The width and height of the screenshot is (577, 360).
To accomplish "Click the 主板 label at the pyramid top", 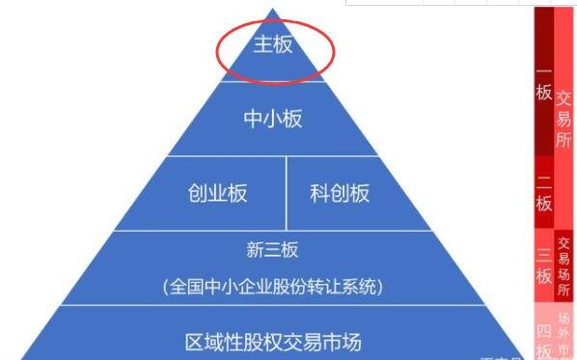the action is [x=272, y=45].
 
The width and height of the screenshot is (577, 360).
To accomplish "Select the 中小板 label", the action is [x=272, y=119].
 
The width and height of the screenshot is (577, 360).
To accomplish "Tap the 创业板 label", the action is [x=217, y=193].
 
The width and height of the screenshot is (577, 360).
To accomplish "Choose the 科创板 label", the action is [x=340, y=193].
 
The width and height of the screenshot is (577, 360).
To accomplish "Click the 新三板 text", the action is [x=272, y=250].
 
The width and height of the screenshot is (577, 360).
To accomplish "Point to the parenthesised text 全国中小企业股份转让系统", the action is [x=272, y=287].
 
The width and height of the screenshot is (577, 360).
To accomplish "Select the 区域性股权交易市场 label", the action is [x=272, y=342].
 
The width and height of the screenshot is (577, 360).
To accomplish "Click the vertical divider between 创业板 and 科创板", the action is [x=287, y=193].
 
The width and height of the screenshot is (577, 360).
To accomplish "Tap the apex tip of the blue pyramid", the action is [x=274, y=10].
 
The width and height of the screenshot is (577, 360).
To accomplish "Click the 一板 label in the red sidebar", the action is [x=543, y=84].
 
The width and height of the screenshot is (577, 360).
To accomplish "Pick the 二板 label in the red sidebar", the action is [x=543, y=192].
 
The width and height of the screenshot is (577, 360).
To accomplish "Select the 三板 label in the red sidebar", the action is [x=543, y=265].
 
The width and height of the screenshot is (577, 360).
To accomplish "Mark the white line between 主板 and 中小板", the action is [x=273, y=82].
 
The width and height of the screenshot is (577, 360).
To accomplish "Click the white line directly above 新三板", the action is [x=273, y=231].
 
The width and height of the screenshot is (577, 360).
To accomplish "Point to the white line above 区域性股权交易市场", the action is [x=273, y=305].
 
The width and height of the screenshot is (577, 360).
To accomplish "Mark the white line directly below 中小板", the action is [x=273, y=156].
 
